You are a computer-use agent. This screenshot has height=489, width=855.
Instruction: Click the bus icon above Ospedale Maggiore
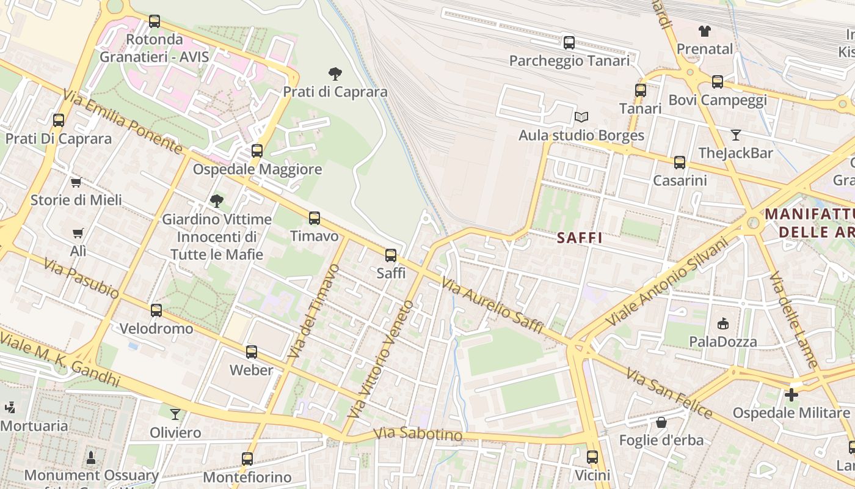click(257, 150)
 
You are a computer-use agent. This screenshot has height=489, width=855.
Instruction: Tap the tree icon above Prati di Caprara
click(335, 74)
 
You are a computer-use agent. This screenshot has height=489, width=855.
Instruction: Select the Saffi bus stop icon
click(391, 256)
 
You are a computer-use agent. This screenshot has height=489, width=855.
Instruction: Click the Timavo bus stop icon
click(315, 218)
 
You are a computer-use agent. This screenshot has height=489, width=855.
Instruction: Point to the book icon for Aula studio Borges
click(581, 117)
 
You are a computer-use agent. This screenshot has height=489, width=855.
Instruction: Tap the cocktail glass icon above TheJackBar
click(736, 134)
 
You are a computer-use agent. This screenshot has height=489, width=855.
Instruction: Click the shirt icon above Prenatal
click(705, 31)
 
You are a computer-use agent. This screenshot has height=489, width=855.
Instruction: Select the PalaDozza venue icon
click(723, 323)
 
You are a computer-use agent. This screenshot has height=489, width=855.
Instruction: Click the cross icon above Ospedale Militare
click(791, 395)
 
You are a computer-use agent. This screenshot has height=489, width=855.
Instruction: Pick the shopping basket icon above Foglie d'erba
click(661, 422)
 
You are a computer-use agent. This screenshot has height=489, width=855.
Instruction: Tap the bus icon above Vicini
click(592, 457)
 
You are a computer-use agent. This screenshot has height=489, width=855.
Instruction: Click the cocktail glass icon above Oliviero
click(175, 414)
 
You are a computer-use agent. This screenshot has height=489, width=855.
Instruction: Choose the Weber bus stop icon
click(252, 352)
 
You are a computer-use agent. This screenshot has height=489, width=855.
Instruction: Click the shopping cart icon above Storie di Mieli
click(76, 182)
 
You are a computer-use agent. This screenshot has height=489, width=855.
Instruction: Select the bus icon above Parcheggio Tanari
click(569, 42)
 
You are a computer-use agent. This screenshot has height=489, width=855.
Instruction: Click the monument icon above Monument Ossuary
click(91, 457)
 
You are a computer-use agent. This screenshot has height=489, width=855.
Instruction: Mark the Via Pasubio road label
click(81, 278)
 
